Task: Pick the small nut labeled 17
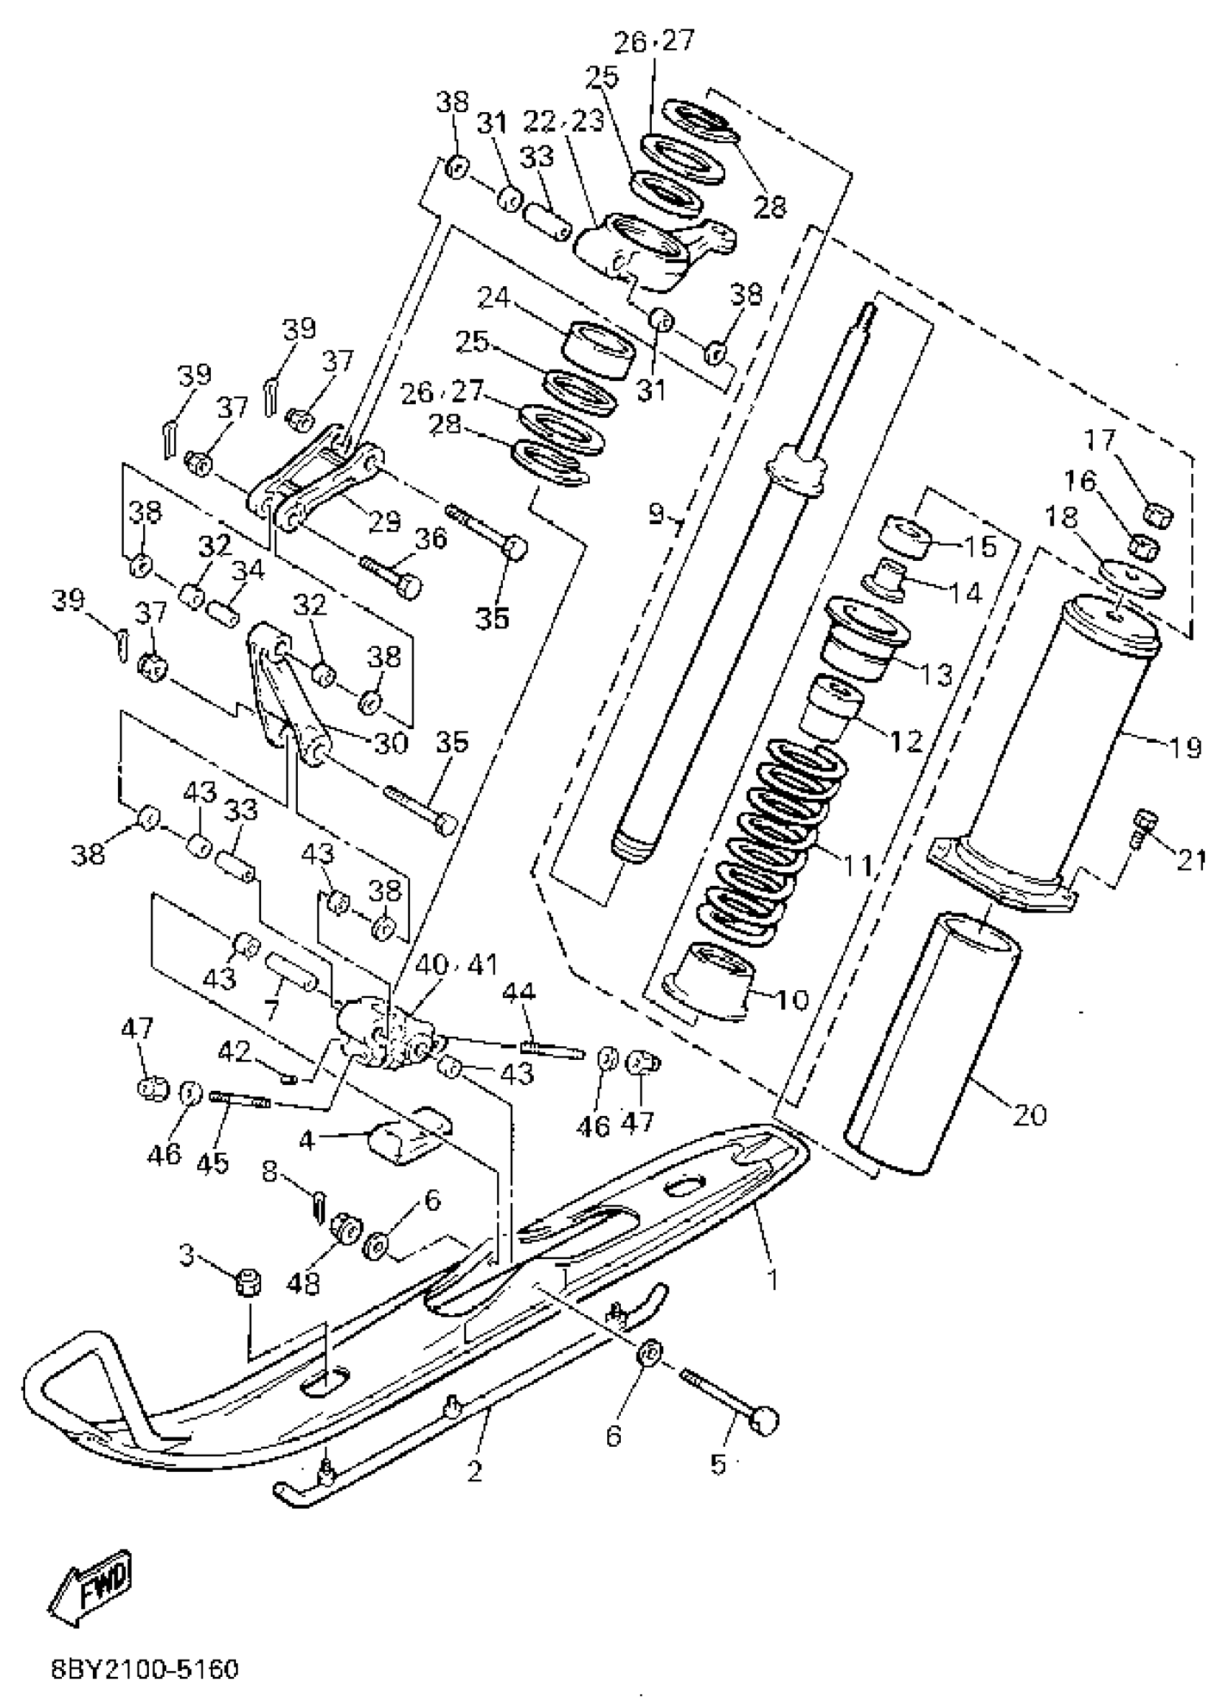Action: click(x=1160, y=516)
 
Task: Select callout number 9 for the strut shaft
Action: click(x=657, y=513)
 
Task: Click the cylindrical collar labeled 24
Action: click(x=599, y=349)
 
